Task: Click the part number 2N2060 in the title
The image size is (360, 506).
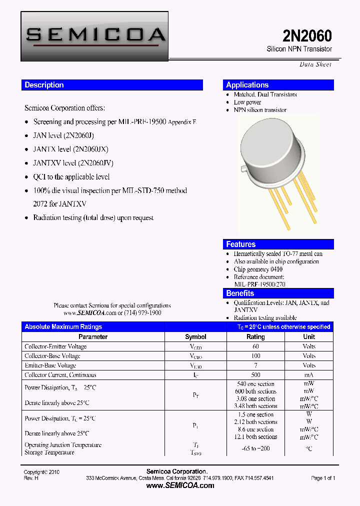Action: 307,36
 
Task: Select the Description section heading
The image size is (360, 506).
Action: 44,85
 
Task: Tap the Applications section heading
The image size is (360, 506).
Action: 247,85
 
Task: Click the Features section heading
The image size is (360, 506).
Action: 240,244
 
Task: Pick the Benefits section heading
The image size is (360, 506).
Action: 240,293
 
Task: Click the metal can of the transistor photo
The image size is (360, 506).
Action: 273,150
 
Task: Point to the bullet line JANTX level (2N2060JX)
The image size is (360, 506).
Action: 70,149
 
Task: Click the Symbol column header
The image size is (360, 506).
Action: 195,337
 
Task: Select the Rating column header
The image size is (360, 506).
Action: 255,337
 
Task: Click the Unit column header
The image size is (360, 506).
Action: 309,337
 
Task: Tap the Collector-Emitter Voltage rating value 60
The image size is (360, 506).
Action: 255,346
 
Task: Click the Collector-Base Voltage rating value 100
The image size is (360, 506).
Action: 255,356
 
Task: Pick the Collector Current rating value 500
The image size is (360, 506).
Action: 255,375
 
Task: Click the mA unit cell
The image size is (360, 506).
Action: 309,375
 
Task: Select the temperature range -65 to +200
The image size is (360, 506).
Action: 255,448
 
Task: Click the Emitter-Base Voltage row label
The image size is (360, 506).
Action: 50,365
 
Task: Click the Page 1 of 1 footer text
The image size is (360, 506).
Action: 323,478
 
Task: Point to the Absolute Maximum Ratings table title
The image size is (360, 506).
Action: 63,327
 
